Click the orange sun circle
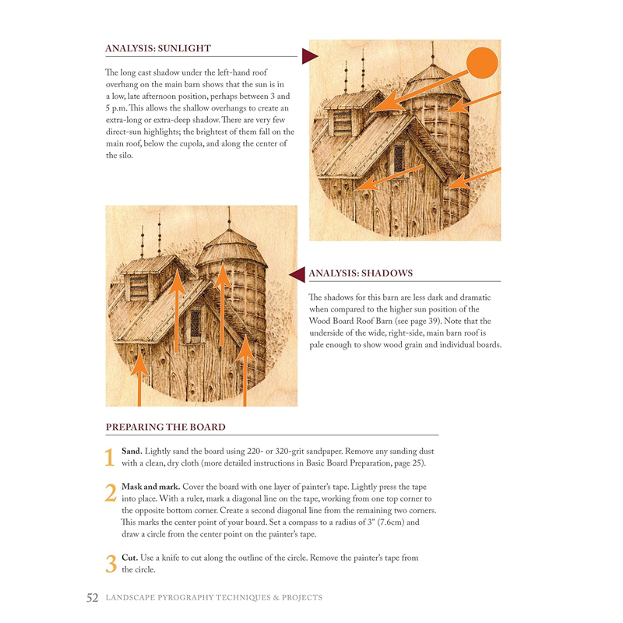point(481,63)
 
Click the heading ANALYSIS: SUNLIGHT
point(158,48)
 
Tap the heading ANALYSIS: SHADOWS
point(361,273)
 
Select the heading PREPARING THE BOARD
point(165,427)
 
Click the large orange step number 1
point(110,458)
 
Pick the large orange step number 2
point(110,492)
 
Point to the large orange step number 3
point(110,564)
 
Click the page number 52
point(92,598)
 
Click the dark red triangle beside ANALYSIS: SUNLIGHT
point(309,56)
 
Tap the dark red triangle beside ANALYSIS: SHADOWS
point(297,273)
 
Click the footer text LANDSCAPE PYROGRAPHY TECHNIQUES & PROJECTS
point(214,598)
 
